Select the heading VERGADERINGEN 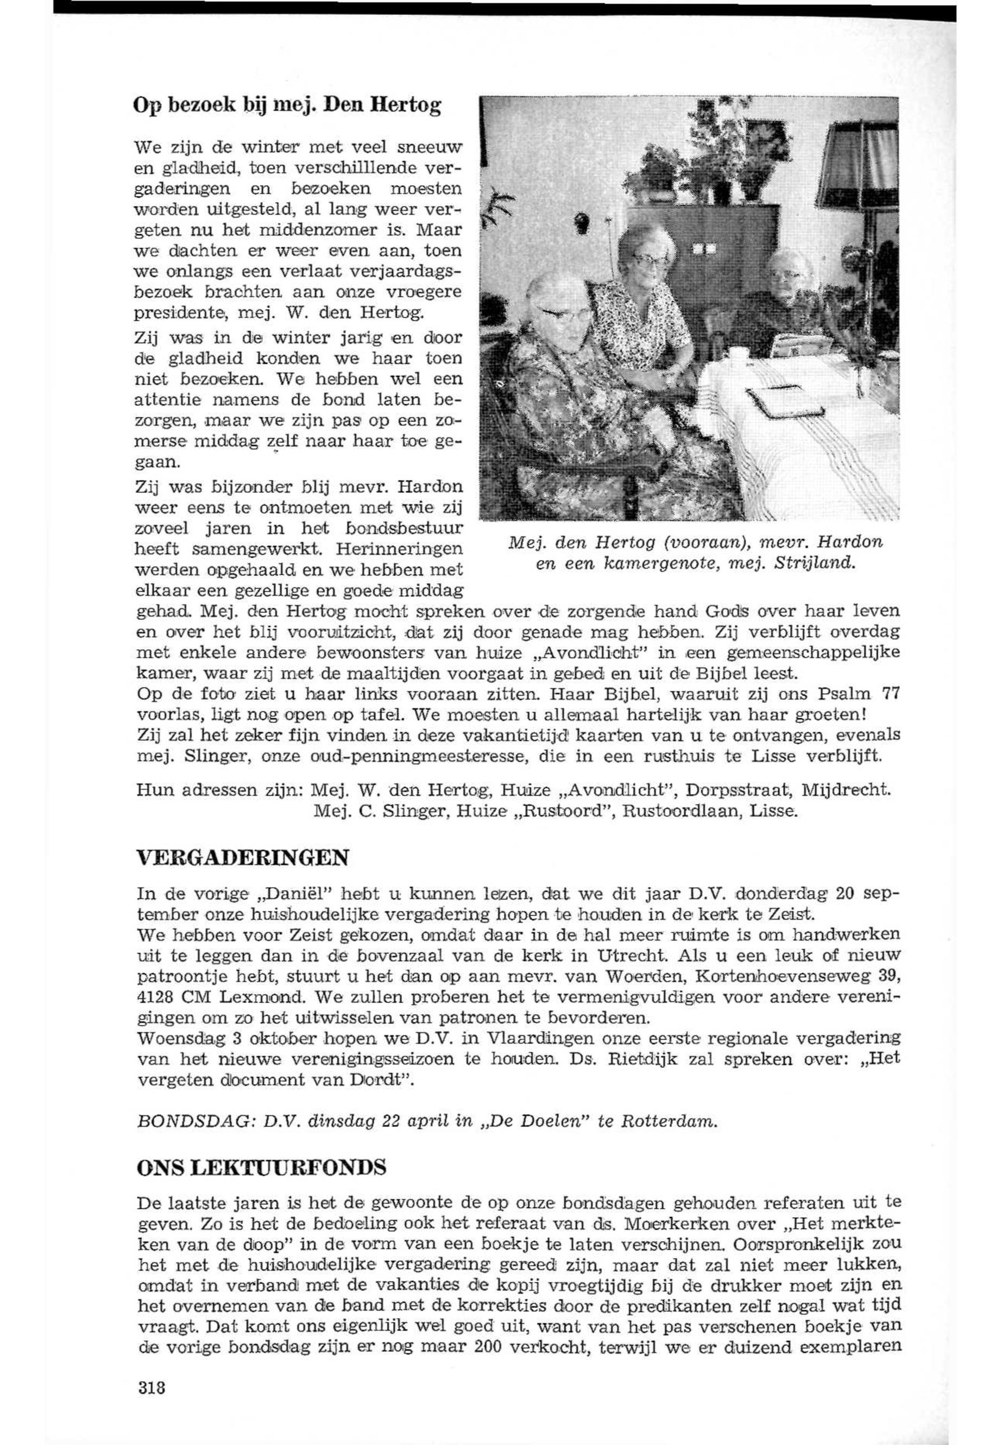click(x=242, y=857)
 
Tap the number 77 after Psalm click(x=892, y=694)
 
